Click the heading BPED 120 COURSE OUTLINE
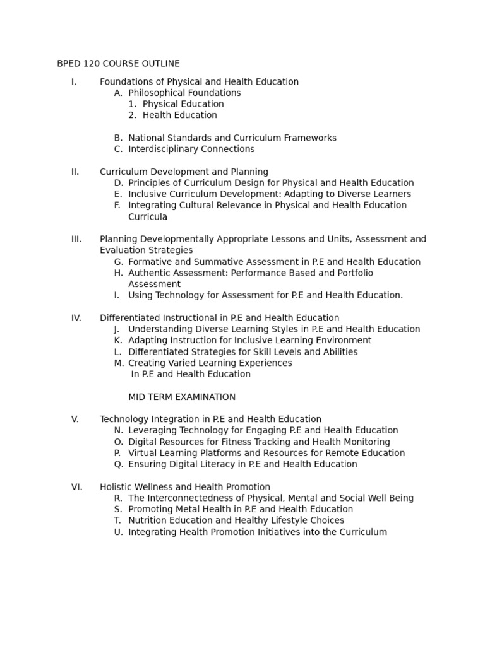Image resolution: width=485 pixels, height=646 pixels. [118, 64]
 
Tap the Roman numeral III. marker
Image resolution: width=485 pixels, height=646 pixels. [76, 239]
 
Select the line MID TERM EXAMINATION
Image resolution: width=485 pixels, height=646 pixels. [182, 397]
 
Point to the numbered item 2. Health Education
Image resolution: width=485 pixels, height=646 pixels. [172, 115]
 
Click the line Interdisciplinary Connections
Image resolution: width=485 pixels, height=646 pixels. [191, 149]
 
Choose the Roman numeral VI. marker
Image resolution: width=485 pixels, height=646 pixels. [76, 487]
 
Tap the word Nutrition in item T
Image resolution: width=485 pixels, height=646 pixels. [147, 520]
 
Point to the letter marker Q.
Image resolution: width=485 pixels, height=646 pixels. [118, 464]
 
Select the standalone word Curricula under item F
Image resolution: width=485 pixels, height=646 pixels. [148, 217]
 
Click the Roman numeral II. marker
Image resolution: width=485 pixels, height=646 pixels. [75, 172]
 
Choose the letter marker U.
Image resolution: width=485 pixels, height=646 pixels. [118, 532]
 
